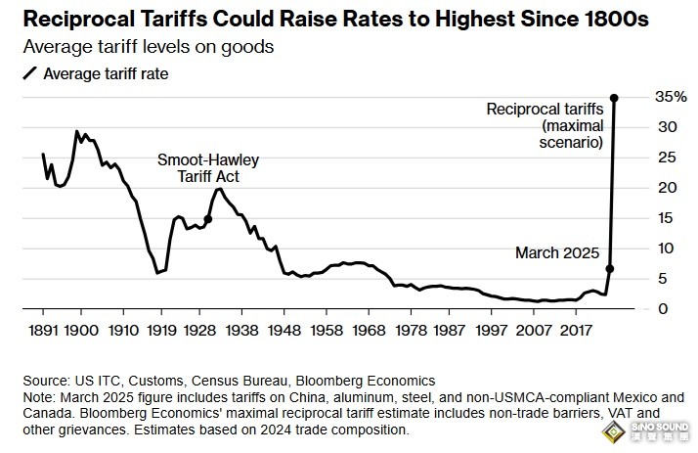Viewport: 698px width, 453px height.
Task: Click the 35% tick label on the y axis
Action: pos(644,97)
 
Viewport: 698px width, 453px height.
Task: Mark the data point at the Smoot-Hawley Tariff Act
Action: pos(208,219)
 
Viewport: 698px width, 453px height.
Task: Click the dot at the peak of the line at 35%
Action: pos(614,97)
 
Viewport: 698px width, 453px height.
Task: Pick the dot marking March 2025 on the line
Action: pos(610,268)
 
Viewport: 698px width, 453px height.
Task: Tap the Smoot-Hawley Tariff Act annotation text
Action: pos(201,168)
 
